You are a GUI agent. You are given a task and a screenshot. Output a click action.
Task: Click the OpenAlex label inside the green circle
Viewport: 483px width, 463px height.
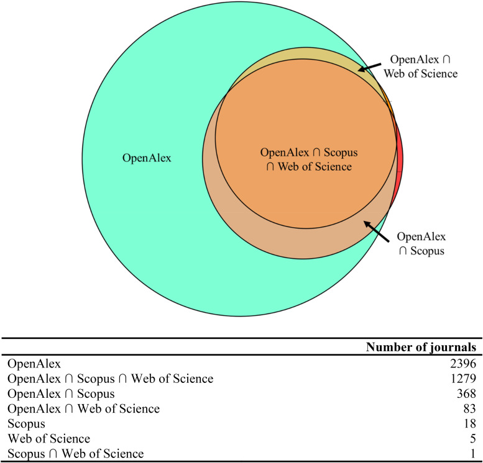tap(146, 158)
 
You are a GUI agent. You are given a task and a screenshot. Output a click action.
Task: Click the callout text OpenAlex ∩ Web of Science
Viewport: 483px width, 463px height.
tap(423, 67)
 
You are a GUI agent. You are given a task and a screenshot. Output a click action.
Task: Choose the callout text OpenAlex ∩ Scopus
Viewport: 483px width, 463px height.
tap(421, 244)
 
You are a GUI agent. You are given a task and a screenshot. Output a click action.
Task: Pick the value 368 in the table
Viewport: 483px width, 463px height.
tap(467, 393)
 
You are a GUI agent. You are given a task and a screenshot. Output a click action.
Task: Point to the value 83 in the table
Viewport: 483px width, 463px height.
tap(470, 409)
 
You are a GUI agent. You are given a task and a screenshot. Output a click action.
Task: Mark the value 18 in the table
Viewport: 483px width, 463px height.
tap(470, 424)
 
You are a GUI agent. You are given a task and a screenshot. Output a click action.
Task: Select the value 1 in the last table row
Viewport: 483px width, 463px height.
tap(473, 454)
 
